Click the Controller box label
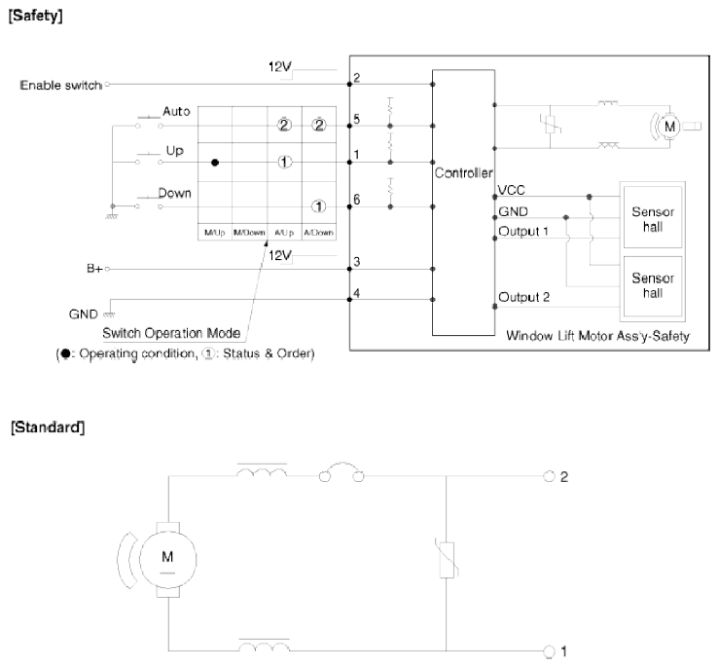[463, 173]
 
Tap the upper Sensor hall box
[652, 217]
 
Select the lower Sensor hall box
[652, 286]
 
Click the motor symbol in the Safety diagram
[669, 127]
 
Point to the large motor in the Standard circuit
[167, 560]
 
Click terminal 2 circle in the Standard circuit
[549, 476]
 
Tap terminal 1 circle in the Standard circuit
[549, 650]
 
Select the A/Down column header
[319, 233]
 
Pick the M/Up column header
[215, 233]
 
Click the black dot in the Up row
[215, 163]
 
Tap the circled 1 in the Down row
[319, 206]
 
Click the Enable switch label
[60, 86]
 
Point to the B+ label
[94, 269]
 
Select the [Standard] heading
[48, 427]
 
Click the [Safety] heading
[35, 16]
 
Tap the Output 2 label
[523, 297]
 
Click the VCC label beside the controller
[512, 190]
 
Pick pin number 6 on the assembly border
[357, 200]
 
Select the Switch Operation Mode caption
[171, 333]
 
